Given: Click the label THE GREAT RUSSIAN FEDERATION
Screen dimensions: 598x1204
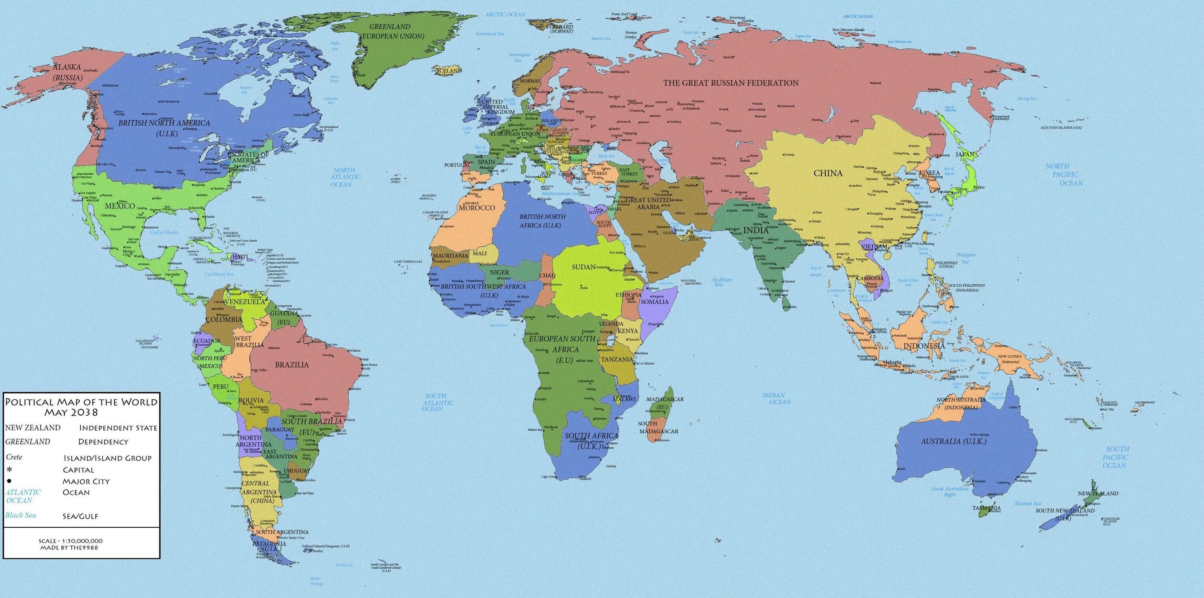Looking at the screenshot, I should click(731, 83).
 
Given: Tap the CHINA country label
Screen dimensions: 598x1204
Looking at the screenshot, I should click(828, 173).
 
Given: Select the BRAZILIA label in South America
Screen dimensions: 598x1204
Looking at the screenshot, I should click(292, 365).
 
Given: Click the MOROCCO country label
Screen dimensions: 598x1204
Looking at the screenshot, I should click(477, 208).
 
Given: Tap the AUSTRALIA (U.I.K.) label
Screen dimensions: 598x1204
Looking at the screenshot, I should click(954, 441).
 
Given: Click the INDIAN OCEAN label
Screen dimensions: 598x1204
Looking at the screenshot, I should click(773, 398).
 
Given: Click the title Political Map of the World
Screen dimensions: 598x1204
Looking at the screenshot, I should click(81, 407).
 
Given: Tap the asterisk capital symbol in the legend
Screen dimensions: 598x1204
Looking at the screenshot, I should click(9, 469).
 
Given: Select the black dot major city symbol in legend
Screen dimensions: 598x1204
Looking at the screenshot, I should click(9, 481).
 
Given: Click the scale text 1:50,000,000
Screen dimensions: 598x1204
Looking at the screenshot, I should click(71, 541).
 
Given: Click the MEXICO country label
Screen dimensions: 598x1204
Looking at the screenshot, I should click(120, 206).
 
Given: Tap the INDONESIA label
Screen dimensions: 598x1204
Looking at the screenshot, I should click(924, 346).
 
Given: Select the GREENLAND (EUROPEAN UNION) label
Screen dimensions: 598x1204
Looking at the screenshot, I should click(397, 31).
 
